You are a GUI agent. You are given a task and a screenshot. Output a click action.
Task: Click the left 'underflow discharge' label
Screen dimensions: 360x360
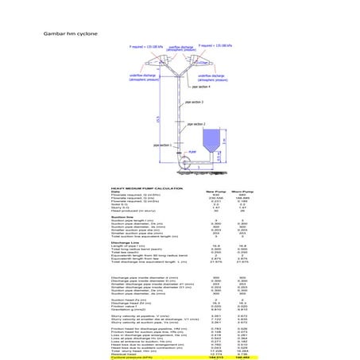click(144, 78)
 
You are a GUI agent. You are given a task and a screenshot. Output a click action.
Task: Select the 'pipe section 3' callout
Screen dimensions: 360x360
click(195, 103)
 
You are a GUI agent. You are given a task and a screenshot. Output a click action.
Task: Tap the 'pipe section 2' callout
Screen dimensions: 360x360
click(196, 123)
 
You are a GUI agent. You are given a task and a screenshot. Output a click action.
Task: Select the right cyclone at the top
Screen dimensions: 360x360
click(204, 63)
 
